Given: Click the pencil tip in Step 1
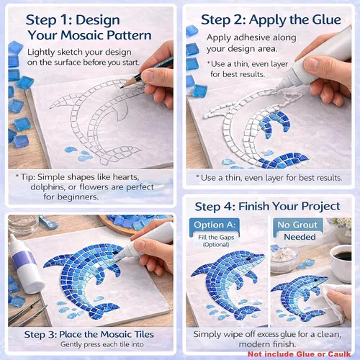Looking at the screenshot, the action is click(122, 87).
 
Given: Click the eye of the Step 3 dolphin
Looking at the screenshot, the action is click(115, 252).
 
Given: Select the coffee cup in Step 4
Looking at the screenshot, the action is click(341, 261).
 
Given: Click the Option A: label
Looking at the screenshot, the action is click(215, 225).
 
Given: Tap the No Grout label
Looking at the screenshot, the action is click(297, 225).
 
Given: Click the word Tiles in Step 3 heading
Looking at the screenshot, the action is click(144, 334).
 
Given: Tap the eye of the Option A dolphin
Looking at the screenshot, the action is click(248, 259).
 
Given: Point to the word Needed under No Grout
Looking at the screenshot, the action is click(300, 237).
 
